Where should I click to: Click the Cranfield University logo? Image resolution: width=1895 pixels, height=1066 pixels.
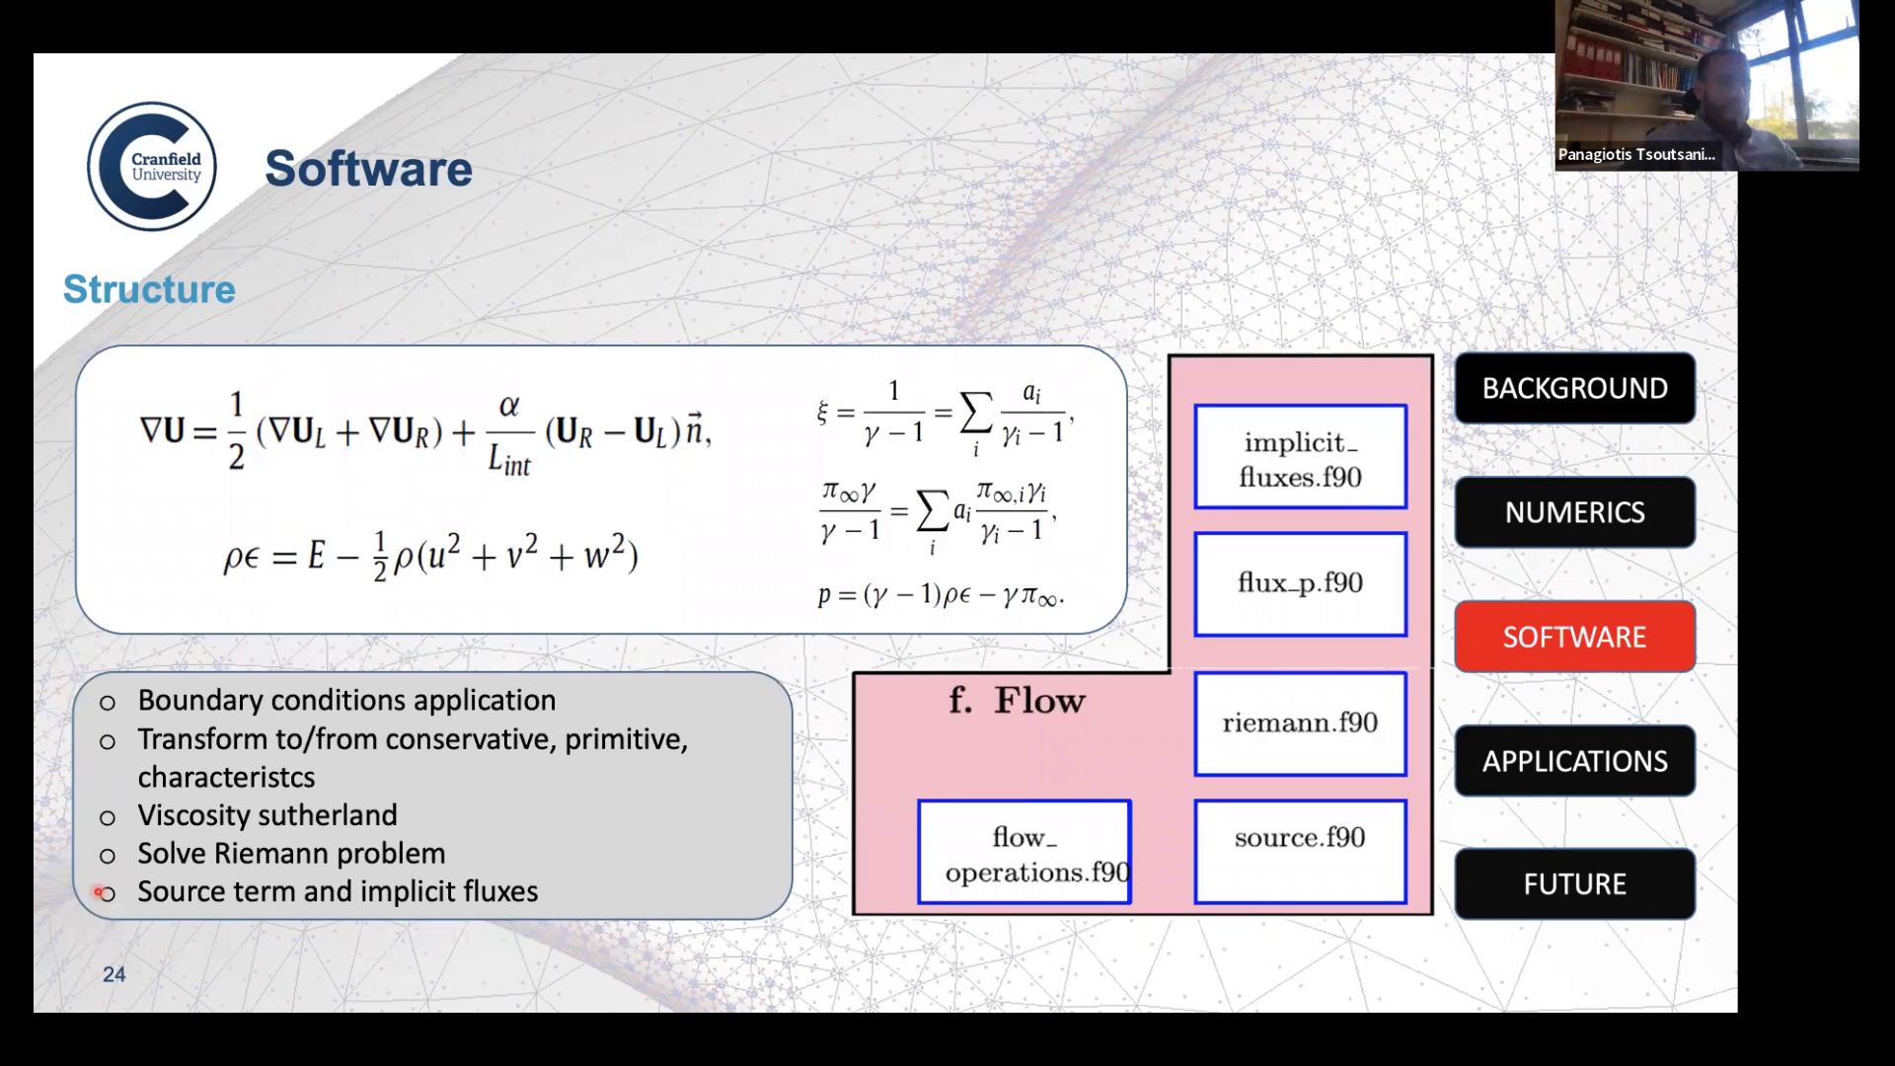coord(152,167)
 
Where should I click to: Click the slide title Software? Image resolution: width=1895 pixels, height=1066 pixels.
coord(368,169)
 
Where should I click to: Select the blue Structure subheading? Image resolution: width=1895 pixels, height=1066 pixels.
coord(149,289)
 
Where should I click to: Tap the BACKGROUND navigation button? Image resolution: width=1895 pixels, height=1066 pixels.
coord(1574,388)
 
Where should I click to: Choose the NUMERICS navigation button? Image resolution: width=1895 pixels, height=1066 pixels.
coord(1574,512)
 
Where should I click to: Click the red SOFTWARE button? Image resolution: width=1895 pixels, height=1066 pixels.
coord(1574,637)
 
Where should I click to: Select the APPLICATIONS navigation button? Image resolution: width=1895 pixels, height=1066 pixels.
coord(1574,761)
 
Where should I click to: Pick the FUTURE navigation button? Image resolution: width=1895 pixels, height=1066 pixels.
coord(1574,884)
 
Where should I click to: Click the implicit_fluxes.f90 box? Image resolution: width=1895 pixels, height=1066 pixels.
coord(1300,458)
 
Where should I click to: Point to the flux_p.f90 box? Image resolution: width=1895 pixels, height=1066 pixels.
coord(1300,583)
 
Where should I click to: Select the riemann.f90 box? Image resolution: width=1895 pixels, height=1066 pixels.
coord(1300,723)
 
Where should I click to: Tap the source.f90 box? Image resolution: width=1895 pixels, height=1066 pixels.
coord(1300,850)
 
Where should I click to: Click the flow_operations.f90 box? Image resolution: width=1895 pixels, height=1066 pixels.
coord(1024,853)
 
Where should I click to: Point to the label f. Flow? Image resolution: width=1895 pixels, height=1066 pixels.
coord(1017,701)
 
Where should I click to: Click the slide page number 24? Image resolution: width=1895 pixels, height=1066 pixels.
coord(114,975)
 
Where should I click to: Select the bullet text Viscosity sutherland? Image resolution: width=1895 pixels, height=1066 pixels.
coord(267,815)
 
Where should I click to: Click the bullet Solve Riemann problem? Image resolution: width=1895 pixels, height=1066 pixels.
coord(291,854)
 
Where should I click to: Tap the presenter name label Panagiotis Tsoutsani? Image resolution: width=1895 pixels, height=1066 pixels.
coord(1635,155)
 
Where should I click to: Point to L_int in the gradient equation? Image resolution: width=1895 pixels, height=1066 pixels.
coord(509,460)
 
